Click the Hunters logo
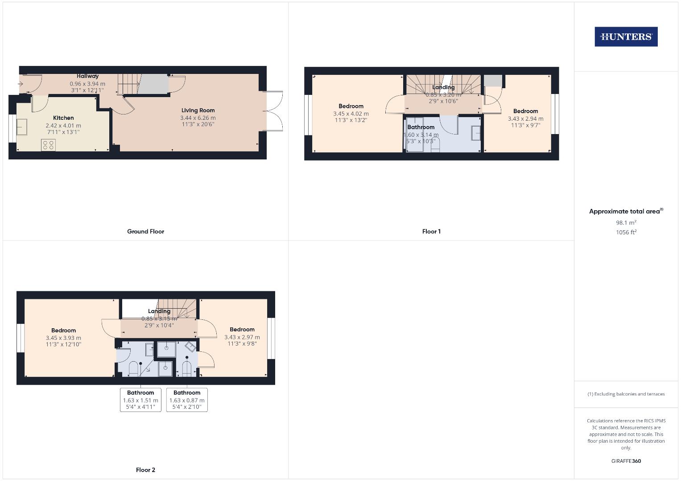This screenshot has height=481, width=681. (x=626, y=37)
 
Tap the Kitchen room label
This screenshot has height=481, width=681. (x=63, y=118)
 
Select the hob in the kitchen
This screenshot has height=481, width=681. (x=49, y=145)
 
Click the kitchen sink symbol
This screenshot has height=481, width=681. (x=22, y=127)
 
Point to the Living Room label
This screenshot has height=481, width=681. (x=198, y=110)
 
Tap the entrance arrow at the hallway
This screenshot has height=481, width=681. (x=20, y=84)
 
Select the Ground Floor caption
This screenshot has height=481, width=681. (x=145, y=232)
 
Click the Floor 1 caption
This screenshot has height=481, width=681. (x=431, y=232)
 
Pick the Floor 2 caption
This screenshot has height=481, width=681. (x=145, y=470)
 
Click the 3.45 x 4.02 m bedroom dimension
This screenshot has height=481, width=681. (x=351, y=114)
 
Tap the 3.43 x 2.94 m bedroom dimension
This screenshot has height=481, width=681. (x=525, y=118)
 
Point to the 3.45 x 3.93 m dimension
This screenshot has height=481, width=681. (x=63, y=338)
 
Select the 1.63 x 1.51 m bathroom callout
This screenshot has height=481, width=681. (x=140, y=400)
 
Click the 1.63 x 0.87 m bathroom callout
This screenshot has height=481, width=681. (x=187, y=400)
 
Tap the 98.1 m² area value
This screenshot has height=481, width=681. (x=626, y=223)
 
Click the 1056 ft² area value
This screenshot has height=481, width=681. (x=626, y=232)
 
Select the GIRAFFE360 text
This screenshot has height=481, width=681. (x=626, y=461)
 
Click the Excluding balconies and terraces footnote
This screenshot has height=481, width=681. (x=626, y=394)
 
